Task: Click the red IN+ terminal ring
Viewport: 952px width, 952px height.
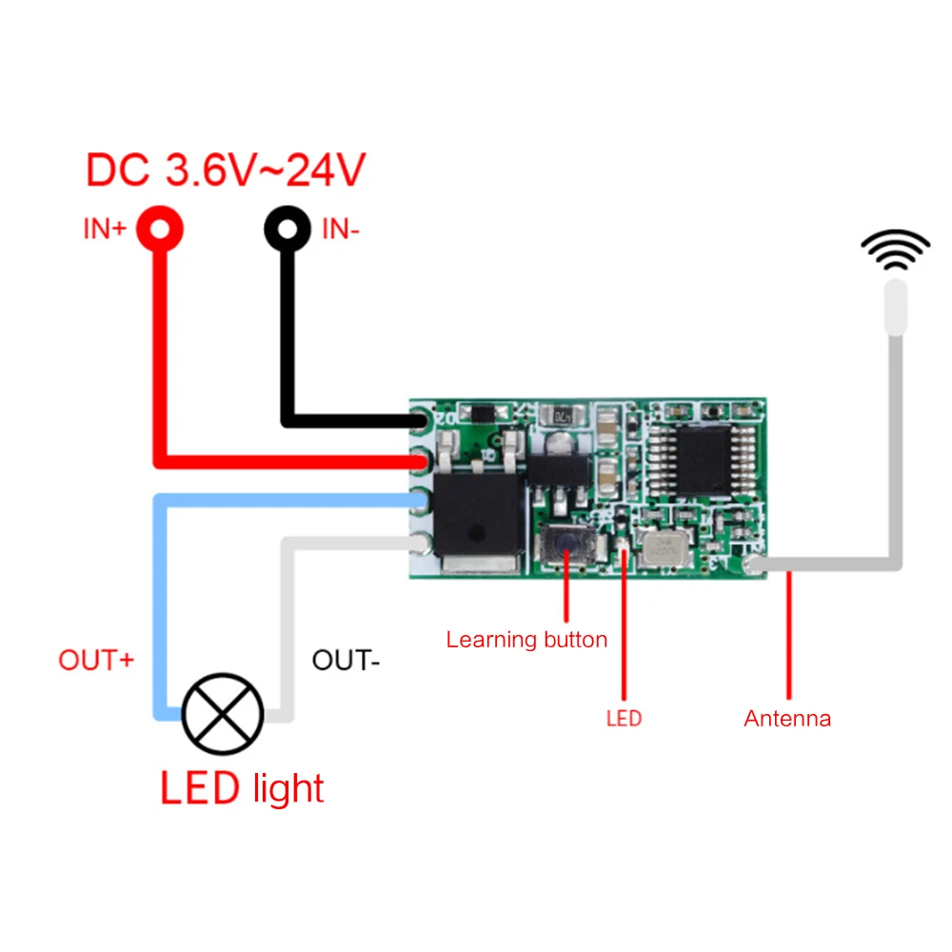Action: (x=159, y=229)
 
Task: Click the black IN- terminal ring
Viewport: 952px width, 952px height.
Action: (x=287, y=229)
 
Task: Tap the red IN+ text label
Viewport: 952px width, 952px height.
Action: (x=104, y=230)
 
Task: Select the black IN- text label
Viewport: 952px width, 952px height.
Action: (x=341, y=229)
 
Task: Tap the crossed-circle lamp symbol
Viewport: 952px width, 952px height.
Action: (x=223, y=714)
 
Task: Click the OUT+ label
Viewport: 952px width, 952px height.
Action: (x=96, y=661)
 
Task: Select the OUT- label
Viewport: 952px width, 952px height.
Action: (x=347, y=660)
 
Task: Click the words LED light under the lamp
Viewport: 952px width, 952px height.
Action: (x=242, y=788)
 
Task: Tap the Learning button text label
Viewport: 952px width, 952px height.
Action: (x=526, y=640)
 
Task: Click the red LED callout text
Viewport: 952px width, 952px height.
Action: (x=624, y=718)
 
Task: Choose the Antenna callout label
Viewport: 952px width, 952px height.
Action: (x=787, y=719)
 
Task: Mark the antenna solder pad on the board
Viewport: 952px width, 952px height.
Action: (x=756, y=567)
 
